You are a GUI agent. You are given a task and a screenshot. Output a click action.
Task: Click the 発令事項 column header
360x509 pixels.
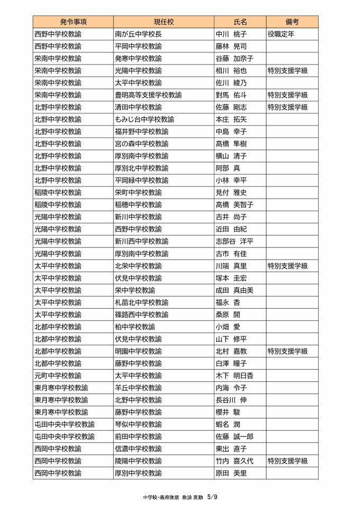coord(73,22)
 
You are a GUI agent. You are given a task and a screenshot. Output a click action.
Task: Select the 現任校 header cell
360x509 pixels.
coord(164,22)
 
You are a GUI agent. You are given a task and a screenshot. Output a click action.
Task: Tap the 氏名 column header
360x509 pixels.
coord(240,22)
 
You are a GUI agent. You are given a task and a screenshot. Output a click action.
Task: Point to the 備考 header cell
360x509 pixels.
coord(292,22)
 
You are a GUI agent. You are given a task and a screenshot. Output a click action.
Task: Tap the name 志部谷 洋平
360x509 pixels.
coord(235,241)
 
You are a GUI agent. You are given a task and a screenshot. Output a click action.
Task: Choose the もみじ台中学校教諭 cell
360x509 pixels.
coord(145,119)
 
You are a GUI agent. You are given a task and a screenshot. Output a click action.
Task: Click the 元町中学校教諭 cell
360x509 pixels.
coord(58,375)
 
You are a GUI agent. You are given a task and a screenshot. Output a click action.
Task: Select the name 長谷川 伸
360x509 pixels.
coord(232,399)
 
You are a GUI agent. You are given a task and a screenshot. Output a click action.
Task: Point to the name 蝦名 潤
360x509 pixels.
coord(228,424)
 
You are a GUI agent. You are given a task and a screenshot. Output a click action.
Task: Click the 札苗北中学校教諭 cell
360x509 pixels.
coord(141,302)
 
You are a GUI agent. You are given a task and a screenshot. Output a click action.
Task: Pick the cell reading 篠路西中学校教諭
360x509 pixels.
coord(141,314)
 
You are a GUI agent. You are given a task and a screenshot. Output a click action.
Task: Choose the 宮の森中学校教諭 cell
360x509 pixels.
coord(141,144)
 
